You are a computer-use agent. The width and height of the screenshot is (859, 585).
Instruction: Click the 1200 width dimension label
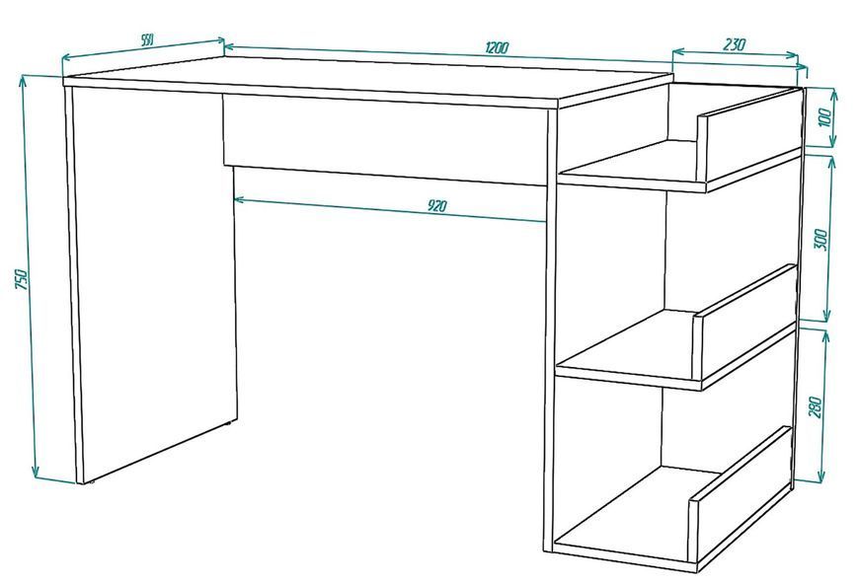click(497, 47)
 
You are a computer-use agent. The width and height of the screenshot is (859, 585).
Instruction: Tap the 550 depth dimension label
click(147, 39)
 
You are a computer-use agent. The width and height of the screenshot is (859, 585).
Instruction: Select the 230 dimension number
click(734, 43)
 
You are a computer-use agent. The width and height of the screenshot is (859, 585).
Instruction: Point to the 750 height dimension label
click(21, 278)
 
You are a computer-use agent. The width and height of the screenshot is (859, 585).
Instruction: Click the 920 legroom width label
click(437, 206)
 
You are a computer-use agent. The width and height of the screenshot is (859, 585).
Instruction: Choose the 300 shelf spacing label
click(821, 240)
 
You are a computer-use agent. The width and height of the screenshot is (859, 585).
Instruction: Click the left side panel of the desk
click(153, 284)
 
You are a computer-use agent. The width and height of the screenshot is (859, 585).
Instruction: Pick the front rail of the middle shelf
click(745, 323)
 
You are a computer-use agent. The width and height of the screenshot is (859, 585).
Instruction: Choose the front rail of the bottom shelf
click(740, 497)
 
